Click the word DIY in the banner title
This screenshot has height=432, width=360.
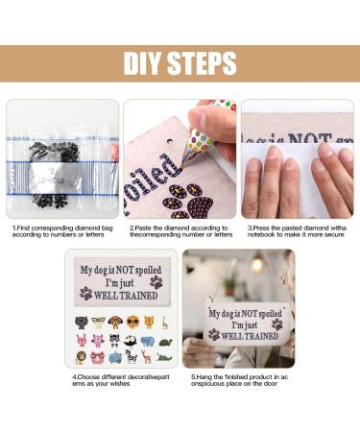click(x=145, y=63)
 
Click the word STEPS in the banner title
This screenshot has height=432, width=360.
click(x=203, y=63)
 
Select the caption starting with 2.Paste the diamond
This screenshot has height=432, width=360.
click(x=180, y=230)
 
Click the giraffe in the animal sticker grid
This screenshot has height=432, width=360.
click(x=164, y=323)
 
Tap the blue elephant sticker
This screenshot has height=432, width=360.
click(x=147, y=340)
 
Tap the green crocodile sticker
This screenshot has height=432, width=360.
click(x=165, y=357)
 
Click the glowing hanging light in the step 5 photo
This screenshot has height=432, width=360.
click(x=256, y=265)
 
